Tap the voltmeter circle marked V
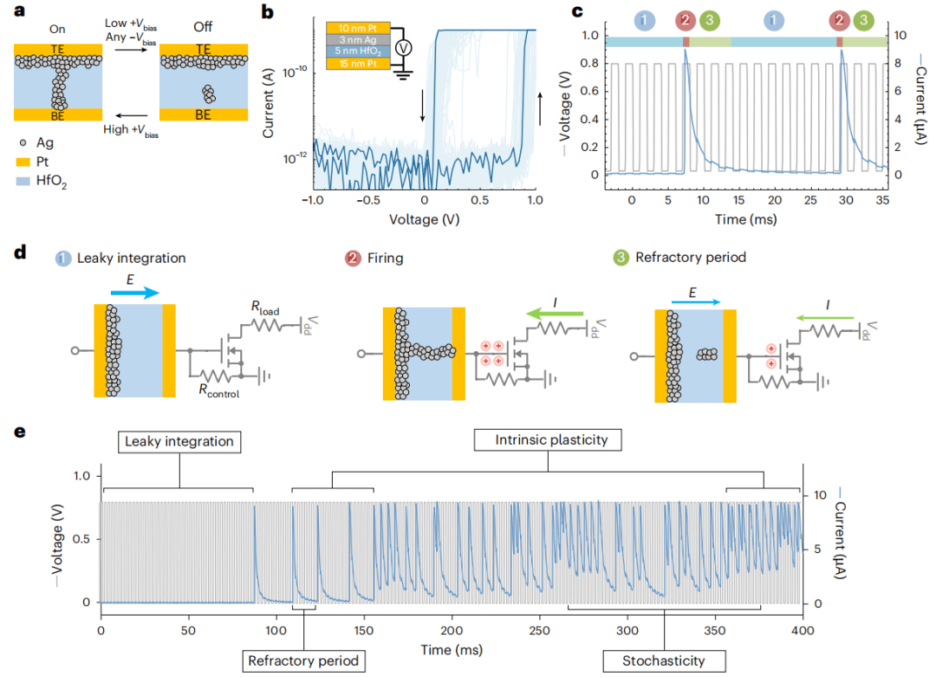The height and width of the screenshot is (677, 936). [401, 49]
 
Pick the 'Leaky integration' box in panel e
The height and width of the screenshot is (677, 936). [179, 442]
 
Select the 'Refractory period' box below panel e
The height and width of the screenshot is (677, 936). [303, 661]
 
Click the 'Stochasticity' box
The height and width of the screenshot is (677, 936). [663, 661]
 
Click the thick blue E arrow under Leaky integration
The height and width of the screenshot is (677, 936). [135, 294]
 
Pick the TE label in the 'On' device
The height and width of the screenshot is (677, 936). [58, 49]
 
